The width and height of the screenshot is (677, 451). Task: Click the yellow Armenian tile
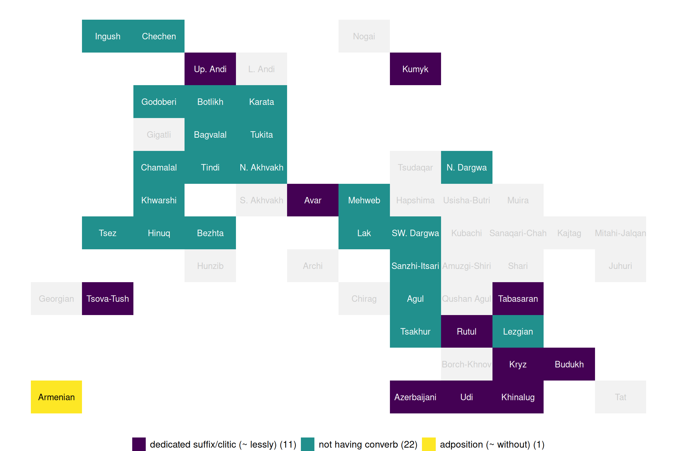(56, 397)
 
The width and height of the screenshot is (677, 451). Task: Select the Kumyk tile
(415, 69)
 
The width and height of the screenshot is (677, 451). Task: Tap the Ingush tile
(108, 36)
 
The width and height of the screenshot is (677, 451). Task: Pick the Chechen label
(159, 36)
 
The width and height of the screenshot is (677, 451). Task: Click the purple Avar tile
(313, 200)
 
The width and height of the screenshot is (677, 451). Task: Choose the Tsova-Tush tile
(108, 299)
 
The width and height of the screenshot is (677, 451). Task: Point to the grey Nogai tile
(364, 36)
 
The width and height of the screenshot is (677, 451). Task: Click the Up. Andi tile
(210, 69)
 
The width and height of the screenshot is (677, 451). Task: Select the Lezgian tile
(518, 331)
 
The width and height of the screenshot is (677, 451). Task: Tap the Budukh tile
(569, 364)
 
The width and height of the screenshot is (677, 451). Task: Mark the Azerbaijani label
(415, 397)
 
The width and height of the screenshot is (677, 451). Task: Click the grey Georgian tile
(56, 299)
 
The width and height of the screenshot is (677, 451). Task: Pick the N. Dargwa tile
(467, 167)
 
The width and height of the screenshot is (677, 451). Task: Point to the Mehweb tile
(364, 200)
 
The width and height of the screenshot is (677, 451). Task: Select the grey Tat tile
(620, 397)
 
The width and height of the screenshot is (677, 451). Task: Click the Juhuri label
(620, 266)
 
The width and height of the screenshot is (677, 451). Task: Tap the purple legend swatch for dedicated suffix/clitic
(139, 444)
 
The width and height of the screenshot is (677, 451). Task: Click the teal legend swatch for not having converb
(308, 444)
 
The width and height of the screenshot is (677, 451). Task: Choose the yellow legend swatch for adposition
(429, 444)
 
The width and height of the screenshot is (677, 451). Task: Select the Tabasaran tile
(518, 299)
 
